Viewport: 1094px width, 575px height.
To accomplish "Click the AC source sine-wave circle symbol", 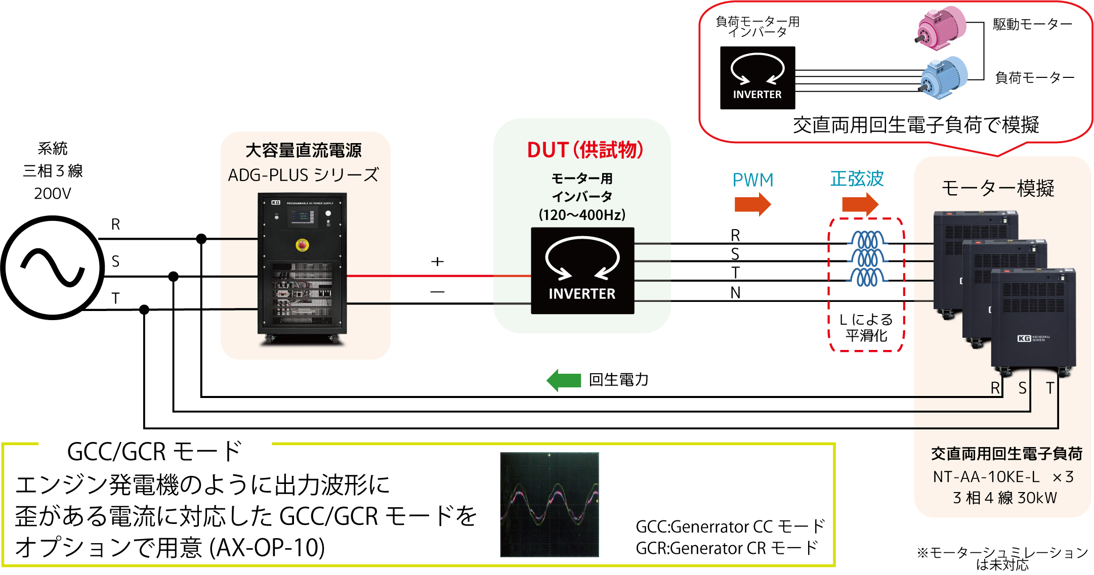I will pos(53,268).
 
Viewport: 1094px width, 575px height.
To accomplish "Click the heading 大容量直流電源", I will pos(303,151).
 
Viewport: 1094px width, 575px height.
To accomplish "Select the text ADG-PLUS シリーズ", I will pos(303,175).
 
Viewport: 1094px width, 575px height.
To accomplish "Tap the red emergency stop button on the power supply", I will pos(302,245).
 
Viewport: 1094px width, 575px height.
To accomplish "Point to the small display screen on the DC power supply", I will pos(302,217).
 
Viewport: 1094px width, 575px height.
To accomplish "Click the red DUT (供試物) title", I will pos(585,150).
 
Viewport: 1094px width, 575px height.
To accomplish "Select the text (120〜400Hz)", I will pos(582,215).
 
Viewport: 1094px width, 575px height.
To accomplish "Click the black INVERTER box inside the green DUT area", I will pos(582,271).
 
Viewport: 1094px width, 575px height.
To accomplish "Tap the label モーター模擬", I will pos(998,189).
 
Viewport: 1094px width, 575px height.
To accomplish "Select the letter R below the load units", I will pos(995,388).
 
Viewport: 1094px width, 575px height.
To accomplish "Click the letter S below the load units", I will pos(1023,388).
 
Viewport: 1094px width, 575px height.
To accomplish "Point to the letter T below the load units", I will pos(1050,388).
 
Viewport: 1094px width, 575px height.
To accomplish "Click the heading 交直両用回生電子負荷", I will pos(1006,454).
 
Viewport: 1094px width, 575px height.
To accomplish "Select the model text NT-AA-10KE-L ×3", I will pos(1003,477).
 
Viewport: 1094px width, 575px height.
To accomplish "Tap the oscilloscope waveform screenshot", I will pos(550,506).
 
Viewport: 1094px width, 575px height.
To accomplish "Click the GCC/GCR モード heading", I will pos(154,452).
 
